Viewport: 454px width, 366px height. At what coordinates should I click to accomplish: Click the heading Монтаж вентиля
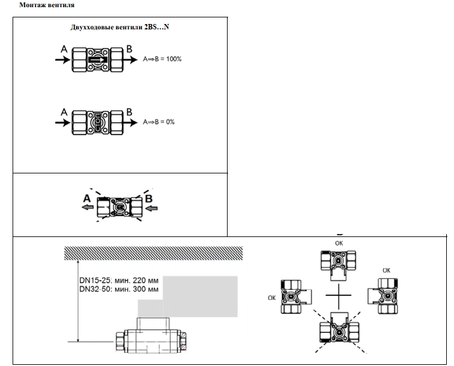(47, 5)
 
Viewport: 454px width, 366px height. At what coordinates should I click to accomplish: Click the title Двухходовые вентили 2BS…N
(120, 27)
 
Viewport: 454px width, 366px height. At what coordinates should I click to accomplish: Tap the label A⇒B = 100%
(162, 59)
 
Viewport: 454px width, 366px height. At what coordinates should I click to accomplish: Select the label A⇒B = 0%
(159, 122)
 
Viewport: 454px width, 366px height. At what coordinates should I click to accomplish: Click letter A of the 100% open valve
(64, 49)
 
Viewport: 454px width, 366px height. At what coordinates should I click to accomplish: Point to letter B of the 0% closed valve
(129, 112)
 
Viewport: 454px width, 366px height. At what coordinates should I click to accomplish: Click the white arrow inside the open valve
(98, 60)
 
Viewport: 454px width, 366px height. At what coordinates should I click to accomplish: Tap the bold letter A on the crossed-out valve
(87, 199)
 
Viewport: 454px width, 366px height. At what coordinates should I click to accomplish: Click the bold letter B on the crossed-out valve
(149, 199)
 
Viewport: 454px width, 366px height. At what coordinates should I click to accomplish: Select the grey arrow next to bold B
(152, 208)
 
